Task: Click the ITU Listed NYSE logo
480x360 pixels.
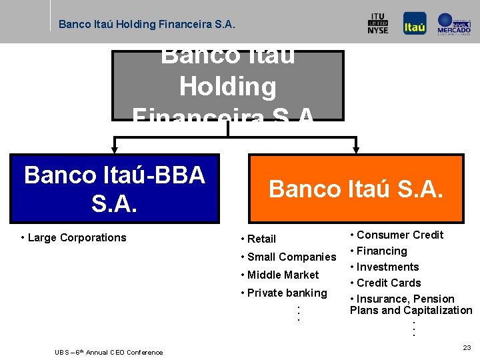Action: click(x=377, y=24)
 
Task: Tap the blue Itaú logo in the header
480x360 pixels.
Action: click(x=414, y=24)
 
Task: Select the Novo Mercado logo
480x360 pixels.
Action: click(x=454, y=24)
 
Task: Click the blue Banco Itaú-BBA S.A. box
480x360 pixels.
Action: click(x=114, y=188)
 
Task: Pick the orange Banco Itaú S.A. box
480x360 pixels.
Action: click(x=355, y=189)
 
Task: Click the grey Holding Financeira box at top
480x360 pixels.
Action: click(x=227, y=85)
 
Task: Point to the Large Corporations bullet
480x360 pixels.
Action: click(x=73, y=237)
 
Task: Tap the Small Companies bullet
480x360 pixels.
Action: click(x=288, y=257)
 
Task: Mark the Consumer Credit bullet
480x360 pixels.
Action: click(x=396, y=235)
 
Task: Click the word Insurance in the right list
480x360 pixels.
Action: click(x=381, y=299)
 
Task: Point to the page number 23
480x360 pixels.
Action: click(x=466, y=347)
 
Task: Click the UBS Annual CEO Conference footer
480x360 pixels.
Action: click(x=109, y=352)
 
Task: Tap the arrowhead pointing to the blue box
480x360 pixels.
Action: click(x=115, y=149)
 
